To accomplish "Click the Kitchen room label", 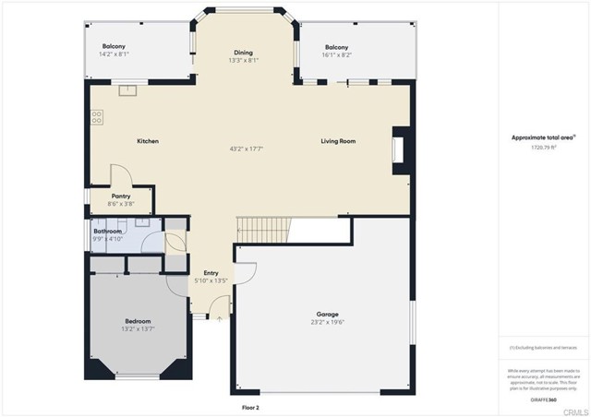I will (148, 141).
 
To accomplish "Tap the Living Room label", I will (338, 141).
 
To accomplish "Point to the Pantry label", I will (121, 196).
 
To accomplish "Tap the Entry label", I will (211, 274).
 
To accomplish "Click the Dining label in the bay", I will (243, 53).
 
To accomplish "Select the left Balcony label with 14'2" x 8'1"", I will (114, 46).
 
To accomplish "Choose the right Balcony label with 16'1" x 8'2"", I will (336, 47).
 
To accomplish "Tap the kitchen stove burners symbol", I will (96, 117).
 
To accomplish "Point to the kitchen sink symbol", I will (127, 90).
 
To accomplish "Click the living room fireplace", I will (398, 150).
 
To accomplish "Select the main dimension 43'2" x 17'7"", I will (243, 149).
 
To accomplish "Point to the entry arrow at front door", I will (219, 318).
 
